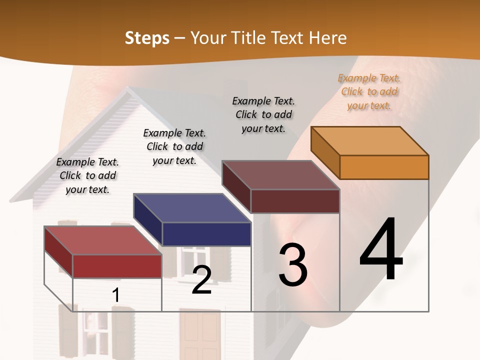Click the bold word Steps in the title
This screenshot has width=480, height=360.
tap(147, 38)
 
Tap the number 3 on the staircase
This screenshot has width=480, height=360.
tap(293, 265)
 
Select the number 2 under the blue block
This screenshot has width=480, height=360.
tap(201, 280)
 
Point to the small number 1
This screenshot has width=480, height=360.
tap(116, 295)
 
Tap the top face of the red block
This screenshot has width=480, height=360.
tap(102, 240)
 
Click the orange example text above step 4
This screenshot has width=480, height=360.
tap(369, 91)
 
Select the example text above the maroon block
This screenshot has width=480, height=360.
tap(263, 114)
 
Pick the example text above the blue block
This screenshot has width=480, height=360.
tap(174, 146)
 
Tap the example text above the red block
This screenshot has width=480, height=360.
tap(87, 175)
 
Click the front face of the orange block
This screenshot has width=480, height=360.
tap(384, 167)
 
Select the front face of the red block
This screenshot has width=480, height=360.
tap(117, 266)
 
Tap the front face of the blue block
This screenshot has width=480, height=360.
tap(206, 234)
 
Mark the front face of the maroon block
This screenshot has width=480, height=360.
tap(295, 201)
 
